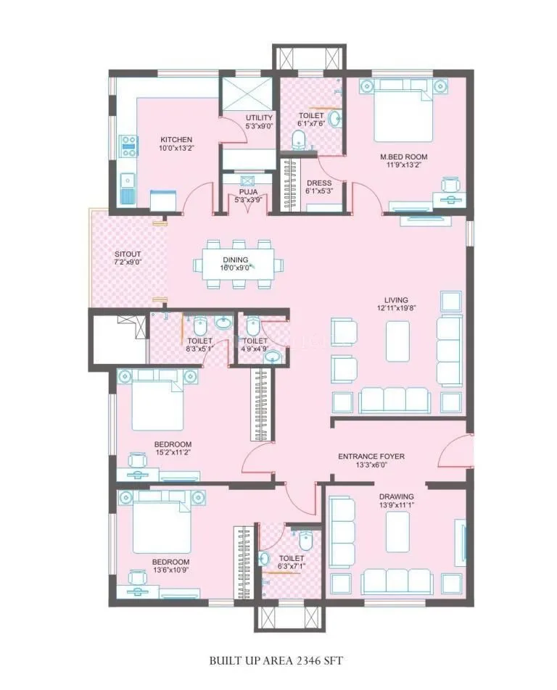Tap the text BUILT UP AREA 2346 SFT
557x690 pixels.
click(x=276, y=660)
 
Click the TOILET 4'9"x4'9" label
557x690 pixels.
click(x=255, y=344)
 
